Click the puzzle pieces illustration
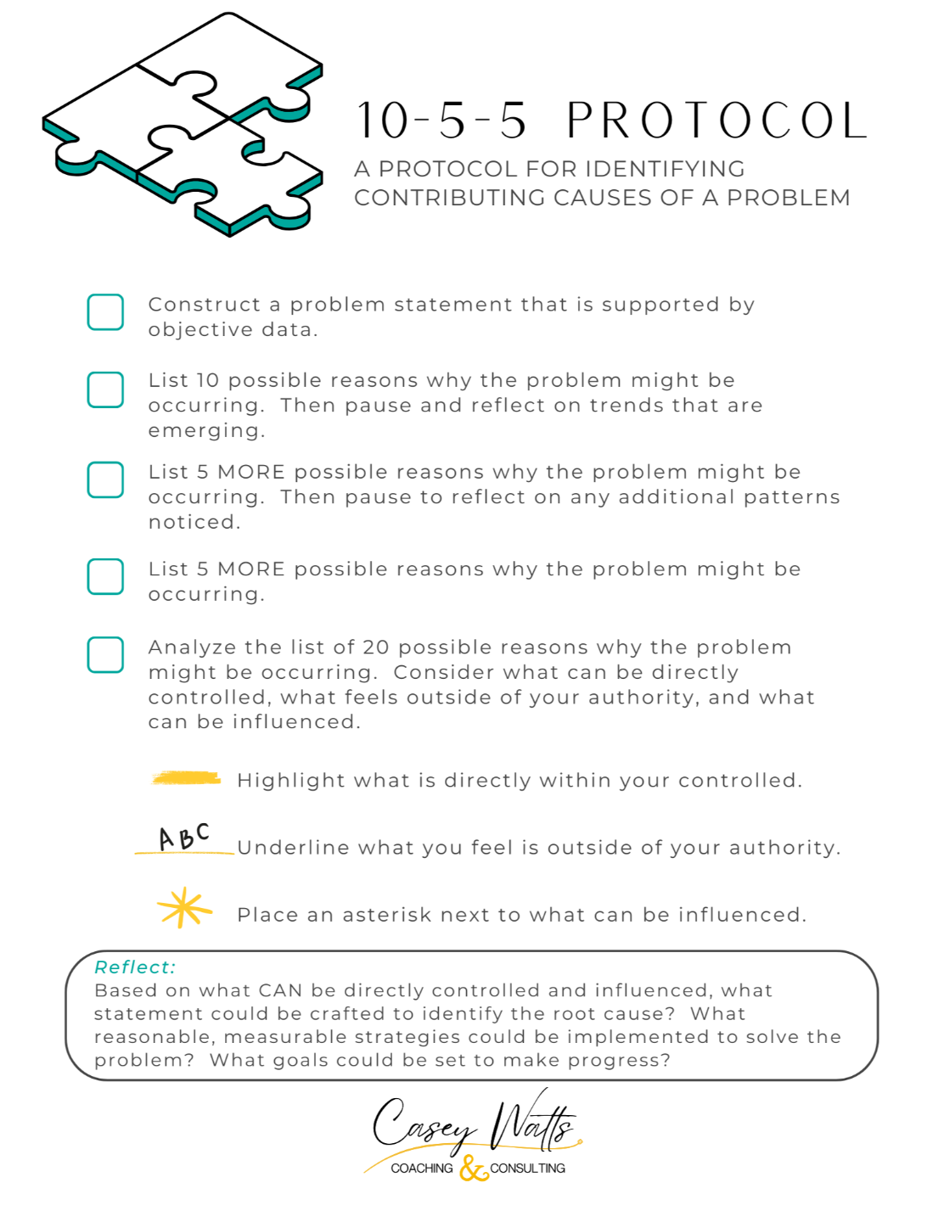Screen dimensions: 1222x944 pyautogui.click(x=183, y=125)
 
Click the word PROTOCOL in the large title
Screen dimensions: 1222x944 pyautogui.click(x=716, y=121)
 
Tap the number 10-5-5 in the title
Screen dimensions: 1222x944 pyautogui.click(x=441, y=121)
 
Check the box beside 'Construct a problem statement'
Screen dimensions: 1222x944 pyautogui.click(x=105, y=312)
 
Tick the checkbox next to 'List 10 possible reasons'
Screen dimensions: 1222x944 pyautogui.click(x=105, y=390)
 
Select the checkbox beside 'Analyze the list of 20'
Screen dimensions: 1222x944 pyautogui.click(x=105, y=655)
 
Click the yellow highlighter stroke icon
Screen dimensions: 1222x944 pyautogui.click(x=186, y=777)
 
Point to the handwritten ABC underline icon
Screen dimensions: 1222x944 pyautogui.click(x=184, y=838)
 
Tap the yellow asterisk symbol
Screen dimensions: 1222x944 pyautogui.click(x=184, y=908)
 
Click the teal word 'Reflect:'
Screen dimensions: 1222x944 pyautogui.click(x=135, y=967)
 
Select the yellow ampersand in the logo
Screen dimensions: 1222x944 pyautogui.click(x=473, y=1169)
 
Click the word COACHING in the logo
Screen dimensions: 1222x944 pyautogui.click(x=422, y=1169)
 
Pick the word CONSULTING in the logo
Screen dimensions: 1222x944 pyautogui.click(x=527, y=1169)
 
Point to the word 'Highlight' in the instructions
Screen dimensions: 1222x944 pyautogui.click(x=279, y=781)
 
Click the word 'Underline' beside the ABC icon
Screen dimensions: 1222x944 pyautogui.click(x=280, y=848)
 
